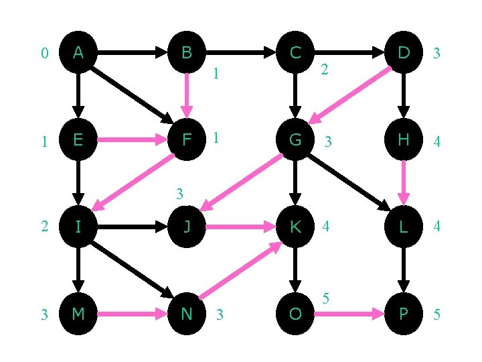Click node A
[78, 52]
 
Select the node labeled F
[187, 139]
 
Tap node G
[295, 139]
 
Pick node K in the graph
[295, 227]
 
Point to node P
[403, 313]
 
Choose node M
[78, 313]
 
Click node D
[403, 52]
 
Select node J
[187, 227]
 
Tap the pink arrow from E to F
[133, 139]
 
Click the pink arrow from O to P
[348, 313]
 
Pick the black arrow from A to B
[133, 52]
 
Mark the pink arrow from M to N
[133, 313]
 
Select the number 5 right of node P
[436, 314]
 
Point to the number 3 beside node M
[44, 314]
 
